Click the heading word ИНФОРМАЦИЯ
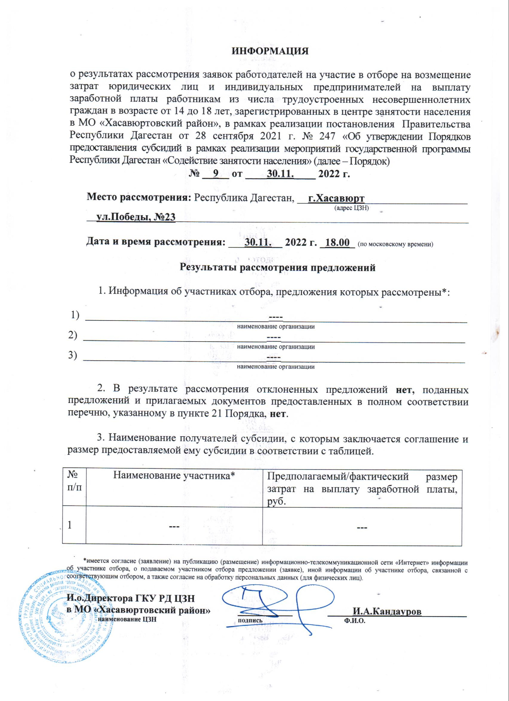tap(270, 51)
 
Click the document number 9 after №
tap(216, 173)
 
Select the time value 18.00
tap(337, 242)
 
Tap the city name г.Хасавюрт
tap(336, 198)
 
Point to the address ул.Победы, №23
tap(136, 217)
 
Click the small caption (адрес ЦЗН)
tap(351, 208)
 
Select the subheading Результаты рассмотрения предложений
tap(277, 267)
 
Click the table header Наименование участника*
tap(174, 475)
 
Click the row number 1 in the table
tap(70, 525)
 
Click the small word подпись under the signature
tap(250, 620)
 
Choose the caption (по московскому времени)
tap(395, 244)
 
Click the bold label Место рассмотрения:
tap(139, 197)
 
